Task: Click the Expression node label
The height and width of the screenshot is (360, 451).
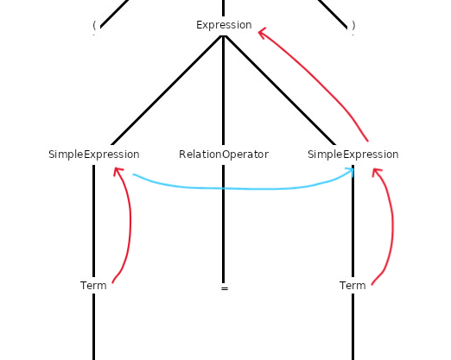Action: pyautogui.click(x=224, y=25)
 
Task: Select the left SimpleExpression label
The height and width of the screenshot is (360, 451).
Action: pyautogui.click(x=94, y=155)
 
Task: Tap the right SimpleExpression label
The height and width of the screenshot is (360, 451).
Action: pyautogui.click(x=353, y=155)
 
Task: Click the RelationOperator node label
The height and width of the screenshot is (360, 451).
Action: pyautogui.click(x=224, y=155)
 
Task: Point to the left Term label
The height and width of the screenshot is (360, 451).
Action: pyautogui.click(x=93, y=286)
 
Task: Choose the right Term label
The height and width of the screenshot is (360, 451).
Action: pyautogui.click(x=353, y=286)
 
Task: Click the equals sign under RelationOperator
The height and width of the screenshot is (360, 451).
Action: pyautogui.click(x=225, y=288)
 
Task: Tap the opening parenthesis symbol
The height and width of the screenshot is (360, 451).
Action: pyautogui.click(x=94, y=25)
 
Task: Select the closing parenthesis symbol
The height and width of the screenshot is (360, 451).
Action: pyautogui.click(x=353, y=25)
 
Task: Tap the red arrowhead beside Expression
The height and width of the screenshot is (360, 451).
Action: pyautogui.click(x=262, y=32)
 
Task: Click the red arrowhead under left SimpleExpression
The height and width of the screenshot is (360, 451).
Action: pyautogui.click(x=118, y=171)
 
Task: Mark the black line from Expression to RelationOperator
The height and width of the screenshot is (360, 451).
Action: pyautogui.click(x=223, y=90)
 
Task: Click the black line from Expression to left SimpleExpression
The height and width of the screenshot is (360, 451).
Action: pyautogui.click(x=167, y=90)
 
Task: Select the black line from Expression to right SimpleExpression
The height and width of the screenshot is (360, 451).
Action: pyautogui.click(x=280, y=90)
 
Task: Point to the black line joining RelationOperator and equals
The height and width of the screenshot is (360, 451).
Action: pyautogui.click(x=223, y=224)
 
